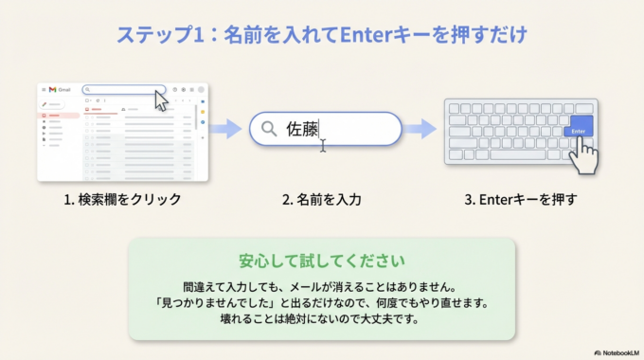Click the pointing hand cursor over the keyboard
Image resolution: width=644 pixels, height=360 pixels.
585,153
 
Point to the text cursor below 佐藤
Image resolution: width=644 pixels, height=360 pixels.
323,146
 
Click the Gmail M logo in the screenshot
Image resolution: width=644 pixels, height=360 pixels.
53,89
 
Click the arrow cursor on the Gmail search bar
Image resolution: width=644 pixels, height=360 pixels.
160,101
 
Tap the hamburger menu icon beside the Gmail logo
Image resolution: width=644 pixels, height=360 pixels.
43,89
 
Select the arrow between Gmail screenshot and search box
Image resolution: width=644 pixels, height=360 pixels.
226,129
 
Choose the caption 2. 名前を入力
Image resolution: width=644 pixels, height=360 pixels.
321,200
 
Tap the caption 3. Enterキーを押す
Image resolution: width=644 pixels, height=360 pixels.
520,200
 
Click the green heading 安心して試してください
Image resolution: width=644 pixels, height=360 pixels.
321,260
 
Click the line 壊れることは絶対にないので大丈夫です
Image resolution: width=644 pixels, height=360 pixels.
321,319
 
